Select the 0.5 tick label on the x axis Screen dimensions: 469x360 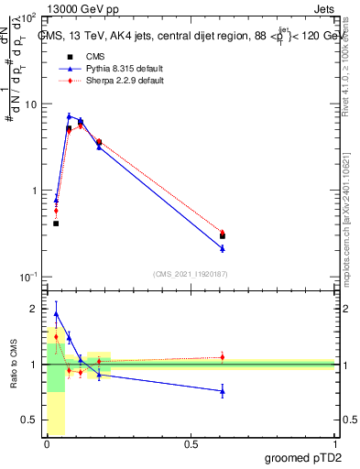click(191, 444)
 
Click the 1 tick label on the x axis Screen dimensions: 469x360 click(334, 444)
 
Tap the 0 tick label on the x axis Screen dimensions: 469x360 click(47, 444)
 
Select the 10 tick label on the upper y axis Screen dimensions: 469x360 click(30, 104)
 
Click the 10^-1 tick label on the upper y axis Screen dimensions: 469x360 click(27, 277)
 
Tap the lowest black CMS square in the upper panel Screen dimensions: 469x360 click(56, 223)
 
